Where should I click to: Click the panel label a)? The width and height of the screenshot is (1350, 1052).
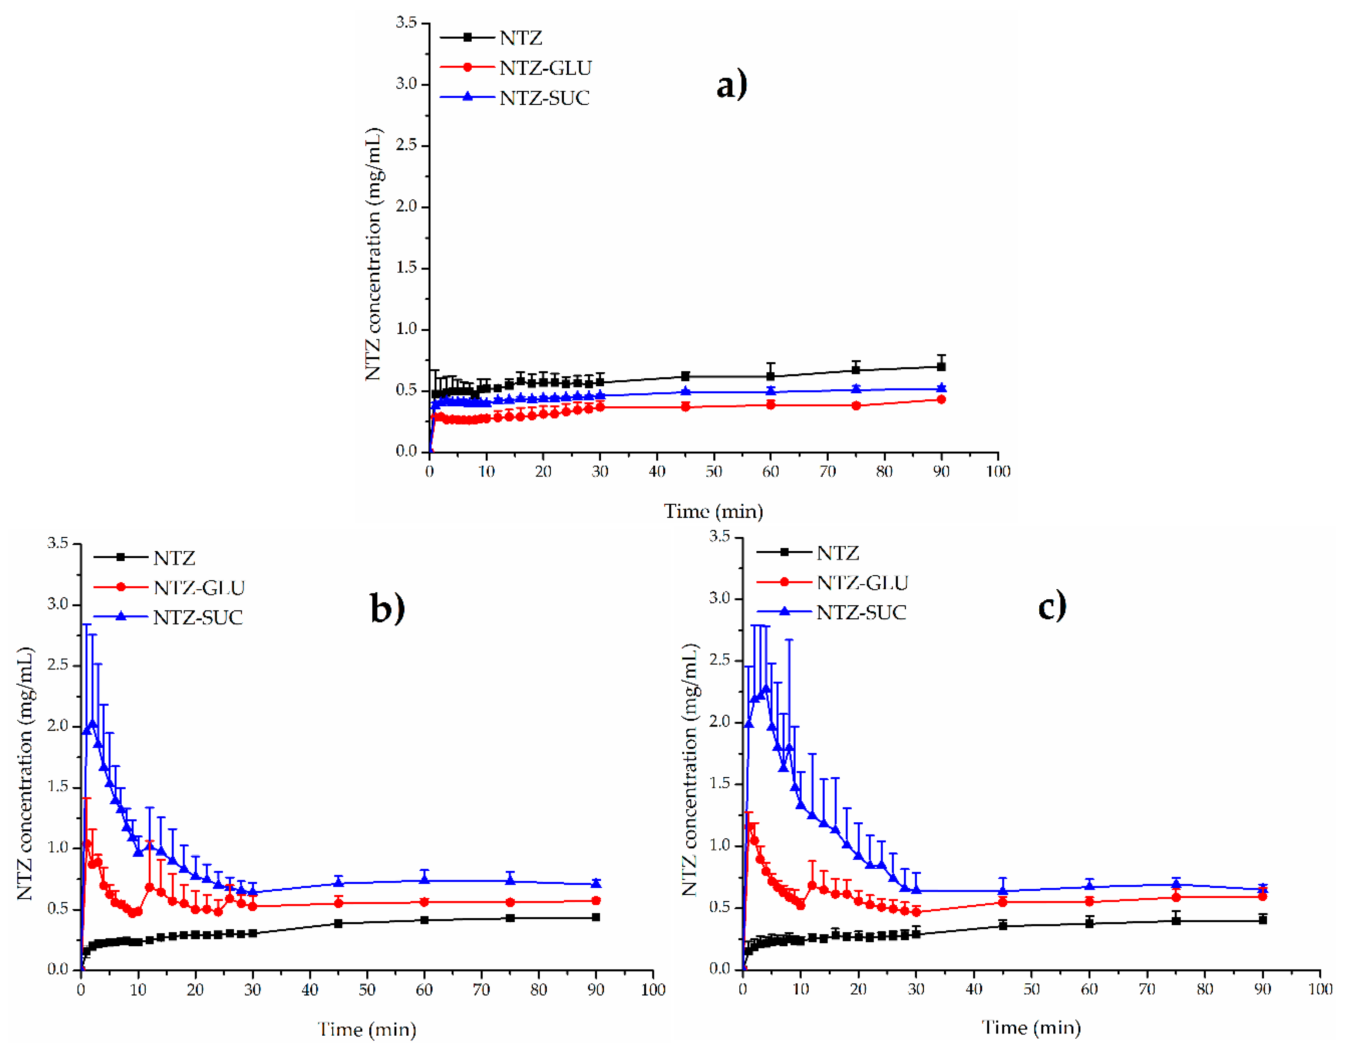[x=731, y=85]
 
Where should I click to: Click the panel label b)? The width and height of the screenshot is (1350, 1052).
[x=387, y=607]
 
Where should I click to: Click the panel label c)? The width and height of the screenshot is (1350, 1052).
[x=1052, y=605]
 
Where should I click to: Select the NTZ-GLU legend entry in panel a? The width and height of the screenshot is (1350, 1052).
[x=545, y=68]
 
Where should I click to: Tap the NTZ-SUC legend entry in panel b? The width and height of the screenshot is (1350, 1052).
[x=198, y=617]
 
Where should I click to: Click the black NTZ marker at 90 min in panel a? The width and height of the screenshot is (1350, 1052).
[x=941, y=366]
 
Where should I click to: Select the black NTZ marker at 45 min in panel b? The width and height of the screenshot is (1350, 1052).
[x=338, y=923]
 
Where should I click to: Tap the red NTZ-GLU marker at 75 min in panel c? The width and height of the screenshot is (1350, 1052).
[x=1176, y=897]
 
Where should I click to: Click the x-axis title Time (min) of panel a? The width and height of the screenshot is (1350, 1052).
[x=713, y=511]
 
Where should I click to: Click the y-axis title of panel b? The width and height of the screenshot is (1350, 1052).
[x=25, y=773]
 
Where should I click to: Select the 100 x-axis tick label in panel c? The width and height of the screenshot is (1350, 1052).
[x=1320, y=989]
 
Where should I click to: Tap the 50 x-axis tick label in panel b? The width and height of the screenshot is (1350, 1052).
[x=367, y=990]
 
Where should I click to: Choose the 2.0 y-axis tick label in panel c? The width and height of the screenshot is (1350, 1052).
[x=720, y=722]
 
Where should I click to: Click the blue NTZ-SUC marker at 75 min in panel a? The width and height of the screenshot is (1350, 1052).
[x=855, y=389]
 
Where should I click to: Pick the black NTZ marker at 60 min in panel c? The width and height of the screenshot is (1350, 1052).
[x=1089, y=923]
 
